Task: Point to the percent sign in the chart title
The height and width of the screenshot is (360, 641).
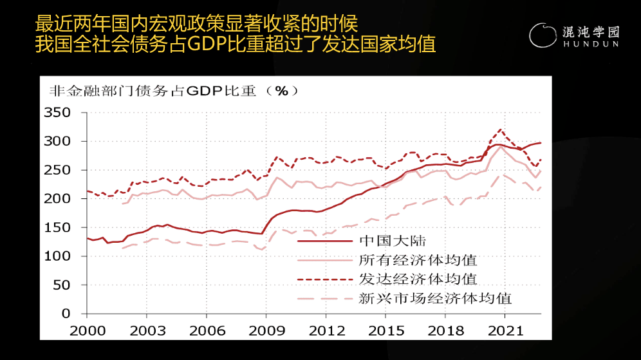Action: pyautogui.click(x=281, y=91)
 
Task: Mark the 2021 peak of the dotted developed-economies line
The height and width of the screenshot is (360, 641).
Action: pyautogui.click(x=501, y=129)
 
